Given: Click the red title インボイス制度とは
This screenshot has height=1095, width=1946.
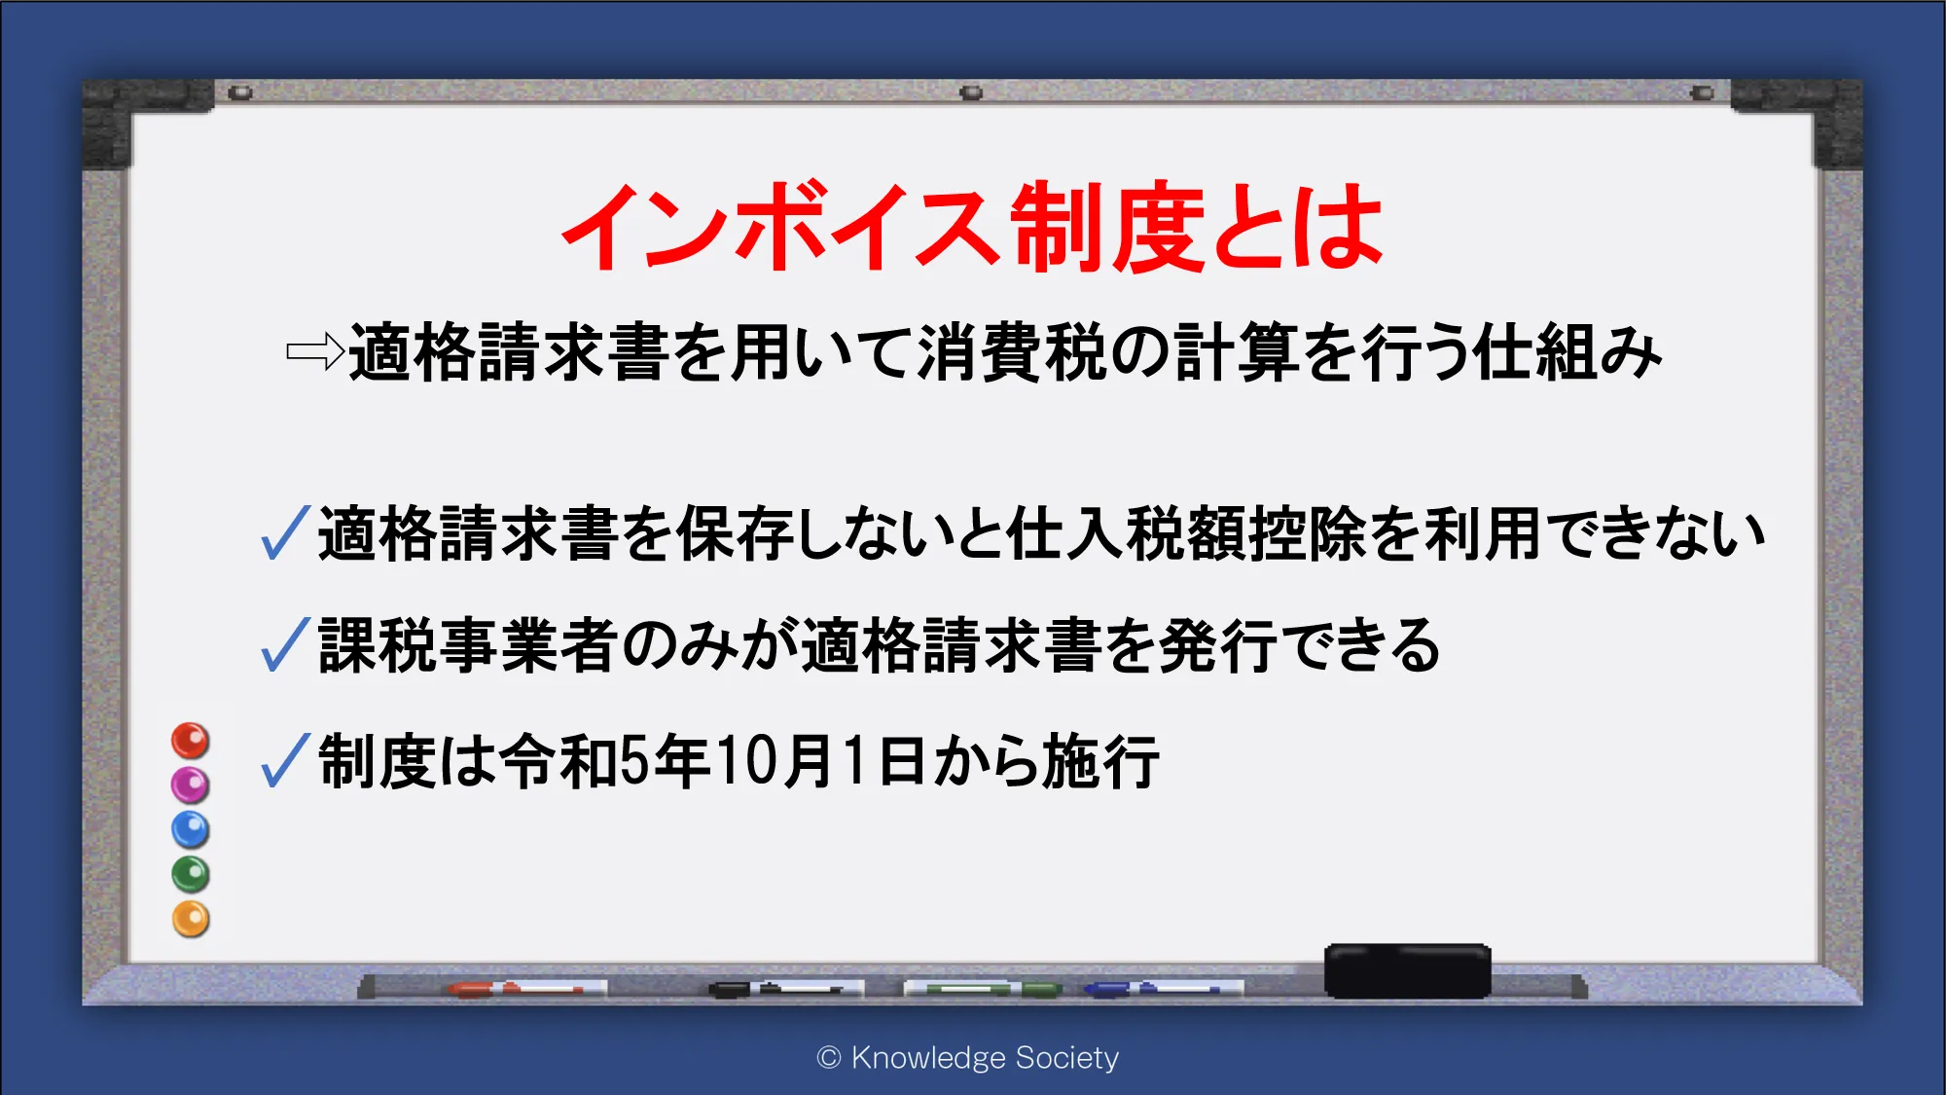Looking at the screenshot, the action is (x=972, y=227).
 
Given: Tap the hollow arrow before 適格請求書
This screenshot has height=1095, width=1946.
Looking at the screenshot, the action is (x=316, y=351).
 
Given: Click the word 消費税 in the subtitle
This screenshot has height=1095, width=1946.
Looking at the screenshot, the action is (x=1012, y=351).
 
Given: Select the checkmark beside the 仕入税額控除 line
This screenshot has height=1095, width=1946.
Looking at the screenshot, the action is (x=285, y=532).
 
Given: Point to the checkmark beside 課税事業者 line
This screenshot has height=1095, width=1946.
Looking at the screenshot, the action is (x=285, y=644).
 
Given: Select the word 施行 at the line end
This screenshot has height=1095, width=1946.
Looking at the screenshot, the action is (x=1100, y=760).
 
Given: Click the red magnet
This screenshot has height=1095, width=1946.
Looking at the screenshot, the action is (x=190, y=741).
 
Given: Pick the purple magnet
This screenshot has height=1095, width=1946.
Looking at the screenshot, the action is (x=190, y=785).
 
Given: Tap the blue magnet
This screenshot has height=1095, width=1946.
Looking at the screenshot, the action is (x=190, y=829).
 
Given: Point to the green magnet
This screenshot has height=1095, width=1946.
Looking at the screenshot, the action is (x=190, y=874).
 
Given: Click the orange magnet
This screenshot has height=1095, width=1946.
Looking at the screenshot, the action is (x=190, y=919).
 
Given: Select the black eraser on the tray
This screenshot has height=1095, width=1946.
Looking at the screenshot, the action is (x=1407, y=970).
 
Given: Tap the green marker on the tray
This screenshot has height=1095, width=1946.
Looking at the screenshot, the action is (x=983, y=989).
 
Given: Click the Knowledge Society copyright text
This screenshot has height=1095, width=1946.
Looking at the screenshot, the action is (x=968, y=1057).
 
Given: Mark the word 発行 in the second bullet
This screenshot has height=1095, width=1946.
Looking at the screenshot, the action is (x=1218, y=645).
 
